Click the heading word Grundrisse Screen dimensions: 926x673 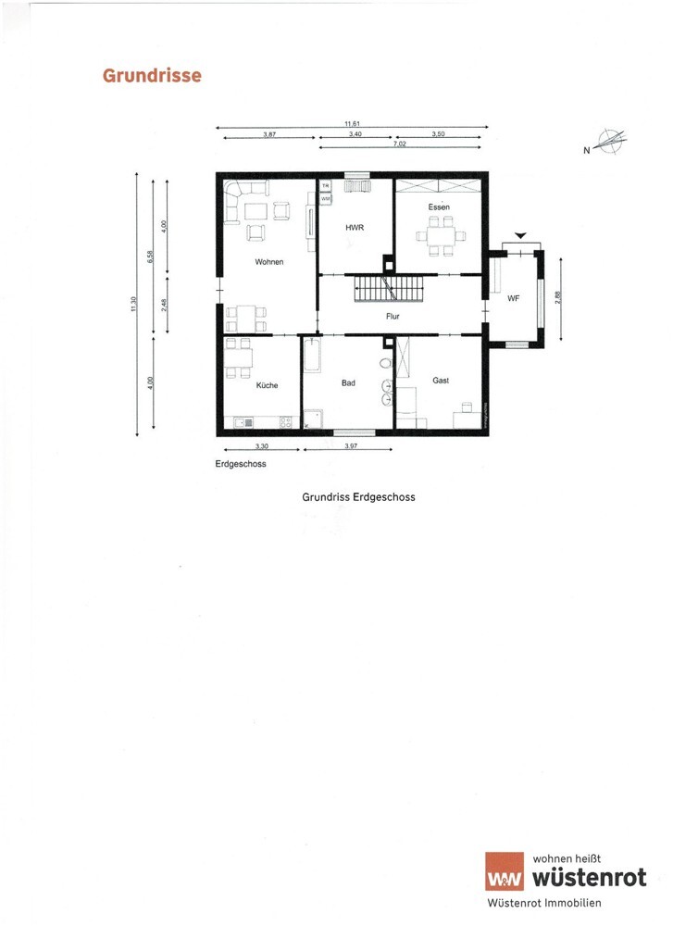pos(152,75)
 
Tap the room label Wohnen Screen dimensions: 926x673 pos(268,262)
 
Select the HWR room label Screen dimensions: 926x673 pos(354,227)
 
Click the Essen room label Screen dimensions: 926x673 pos(439,206)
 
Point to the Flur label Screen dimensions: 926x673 pos(393,316)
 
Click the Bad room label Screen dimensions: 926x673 pos(348,382)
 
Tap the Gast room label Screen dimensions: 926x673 pos(441,381)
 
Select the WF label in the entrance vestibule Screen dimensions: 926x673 pos(512,299)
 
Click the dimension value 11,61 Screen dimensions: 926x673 pos(352,123)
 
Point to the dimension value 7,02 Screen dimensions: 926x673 pos(400,144)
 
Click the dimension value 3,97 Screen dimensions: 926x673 pos(351,446)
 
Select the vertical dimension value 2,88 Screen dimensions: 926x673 pos(557,299)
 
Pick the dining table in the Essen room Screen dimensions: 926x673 pos(441,235)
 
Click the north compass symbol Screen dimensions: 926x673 pos(611,144)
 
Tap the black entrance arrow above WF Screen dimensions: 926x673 pos(521,237)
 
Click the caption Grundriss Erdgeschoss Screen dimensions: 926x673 pos(358,496)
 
